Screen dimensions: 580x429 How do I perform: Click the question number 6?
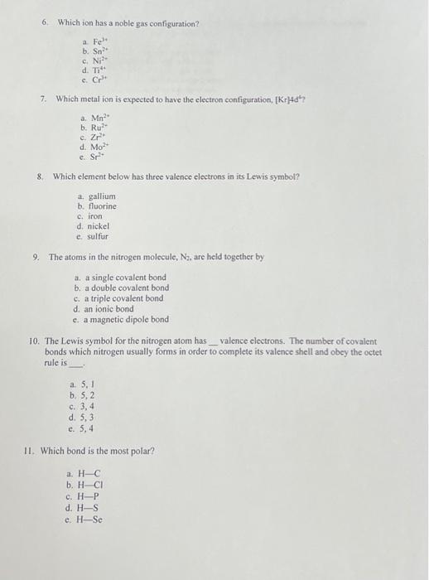46,22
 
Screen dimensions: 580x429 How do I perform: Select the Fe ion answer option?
92,41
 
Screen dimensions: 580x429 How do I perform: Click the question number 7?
43,99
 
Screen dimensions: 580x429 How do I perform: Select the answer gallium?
97,196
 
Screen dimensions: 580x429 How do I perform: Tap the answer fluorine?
98,206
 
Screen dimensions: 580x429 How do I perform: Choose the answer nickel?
94,226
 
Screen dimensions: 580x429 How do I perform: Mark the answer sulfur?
94,236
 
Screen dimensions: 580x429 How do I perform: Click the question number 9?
36,257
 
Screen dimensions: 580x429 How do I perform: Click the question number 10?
34,341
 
